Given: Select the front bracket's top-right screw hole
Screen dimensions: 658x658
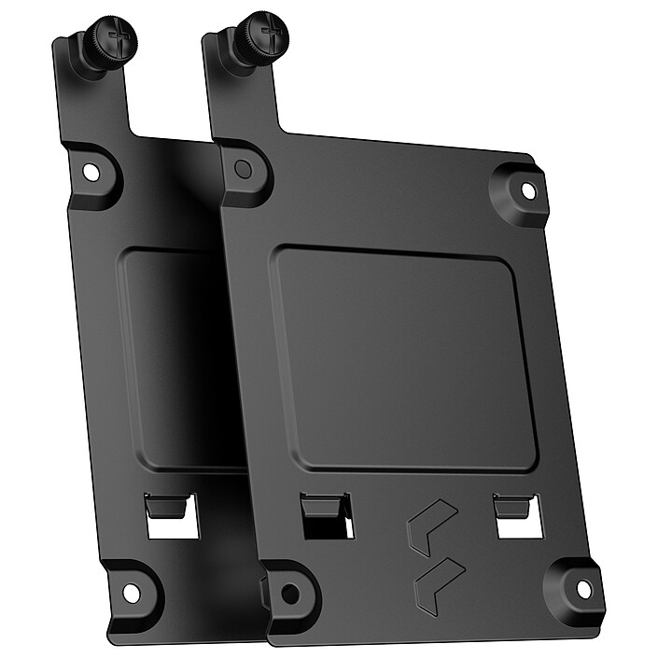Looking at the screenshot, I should click(x=527, y=189).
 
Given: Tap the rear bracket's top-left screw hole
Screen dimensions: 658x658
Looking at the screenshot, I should click(x=91, y=174).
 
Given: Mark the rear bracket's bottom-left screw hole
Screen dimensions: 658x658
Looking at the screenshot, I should click(x=131, y=592).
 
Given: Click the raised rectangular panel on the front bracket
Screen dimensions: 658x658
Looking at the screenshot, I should click(x=401, y=355).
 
